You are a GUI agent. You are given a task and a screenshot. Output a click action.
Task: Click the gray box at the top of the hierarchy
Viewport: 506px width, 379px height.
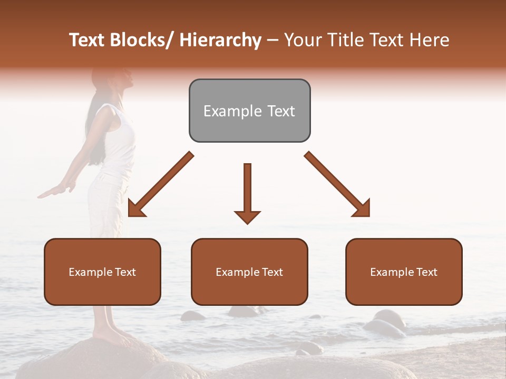249,111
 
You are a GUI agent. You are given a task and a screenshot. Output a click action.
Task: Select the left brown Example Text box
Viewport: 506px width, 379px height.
102,272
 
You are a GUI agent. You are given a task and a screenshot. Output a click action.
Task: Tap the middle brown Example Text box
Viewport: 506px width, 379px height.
249,272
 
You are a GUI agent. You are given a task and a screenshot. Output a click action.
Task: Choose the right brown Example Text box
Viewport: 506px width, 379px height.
404,272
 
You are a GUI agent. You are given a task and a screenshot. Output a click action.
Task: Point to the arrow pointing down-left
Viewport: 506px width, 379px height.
160,185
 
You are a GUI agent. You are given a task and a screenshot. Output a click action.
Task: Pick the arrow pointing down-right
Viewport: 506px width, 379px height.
337,185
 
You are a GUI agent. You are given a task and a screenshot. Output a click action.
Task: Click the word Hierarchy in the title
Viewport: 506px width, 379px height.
220,40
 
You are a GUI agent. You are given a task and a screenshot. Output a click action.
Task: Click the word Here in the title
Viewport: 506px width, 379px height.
429,40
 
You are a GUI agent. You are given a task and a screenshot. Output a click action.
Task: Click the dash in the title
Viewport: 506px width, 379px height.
273,40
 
